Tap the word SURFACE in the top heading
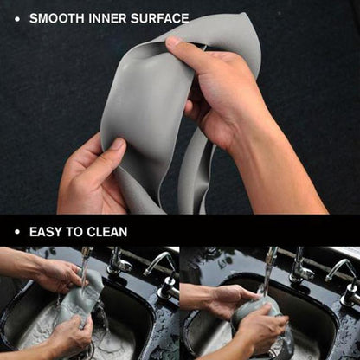coord(157,17)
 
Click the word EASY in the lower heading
coord(46,232)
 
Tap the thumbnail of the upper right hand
coord(174,42)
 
